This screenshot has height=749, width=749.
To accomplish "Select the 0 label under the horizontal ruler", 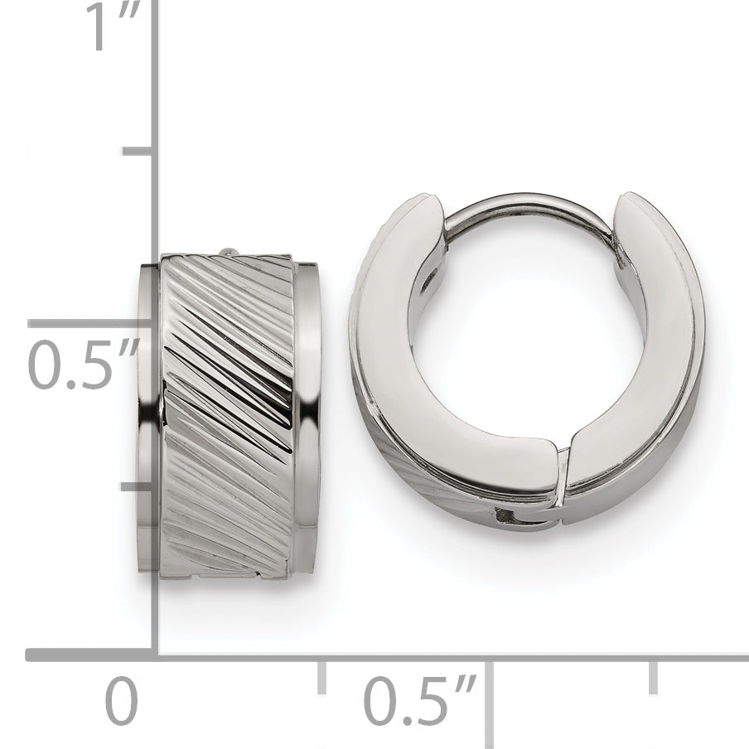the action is (121, 700).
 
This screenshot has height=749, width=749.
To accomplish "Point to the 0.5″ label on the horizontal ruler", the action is (420, 700).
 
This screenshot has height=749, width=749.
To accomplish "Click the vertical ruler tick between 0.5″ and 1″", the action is (138, 152).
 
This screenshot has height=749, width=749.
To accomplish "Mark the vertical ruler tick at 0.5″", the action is (91, 323).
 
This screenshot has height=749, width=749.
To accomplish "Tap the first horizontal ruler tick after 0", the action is (322, 678).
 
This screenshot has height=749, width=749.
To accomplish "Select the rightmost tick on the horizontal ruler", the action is (654, 678).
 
